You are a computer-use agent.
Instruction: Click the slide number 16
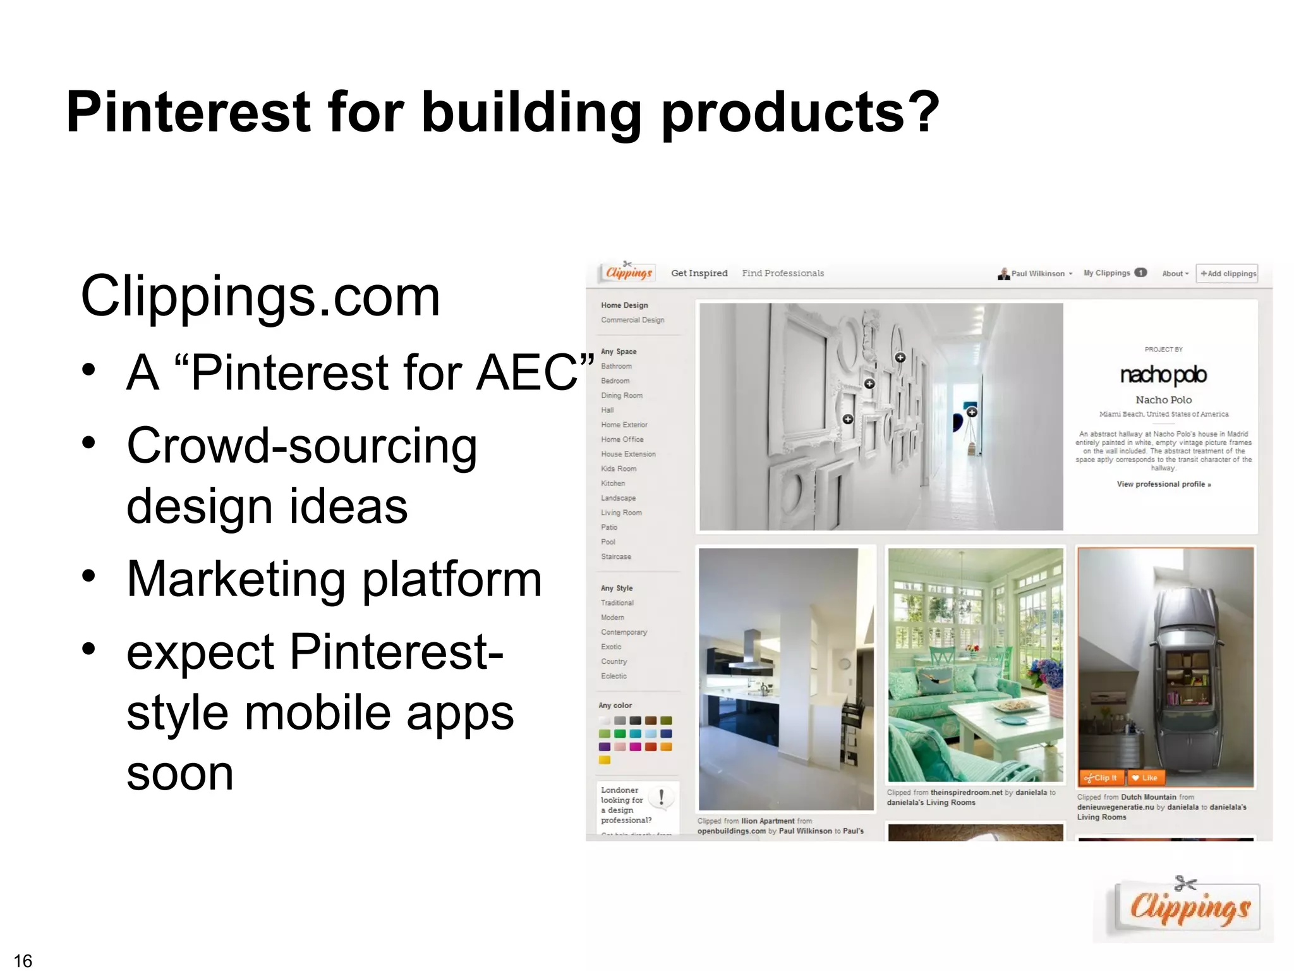(x=23, y=960)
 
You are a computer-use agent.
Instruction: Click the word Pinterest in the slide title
(x=188, y=112)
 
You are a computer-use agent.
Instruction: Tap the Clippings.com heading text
(x=260, y=296)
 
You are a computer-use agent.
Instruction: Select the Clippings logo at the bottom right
(x=1188, y=908)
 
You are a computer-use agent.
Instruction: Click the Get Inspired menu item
(x=699, y=273)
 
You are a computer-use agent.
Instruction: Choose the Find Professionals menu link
(x=782, y=273)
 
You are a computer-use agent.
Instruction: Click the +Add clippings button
(x=1227, y=273)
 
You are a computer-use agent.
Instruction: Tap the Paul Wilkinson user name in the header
(x=1037, y=274)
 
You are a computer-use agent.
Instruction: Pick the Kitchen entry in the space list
(x=613, y=484)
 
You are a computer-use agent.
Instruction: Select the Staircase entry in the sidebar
(x=616, y=557)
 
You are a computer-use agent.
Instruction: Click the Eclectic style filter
(x=614, y=676)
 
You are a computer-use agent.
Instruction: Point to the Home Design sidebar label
(x=624, y=305)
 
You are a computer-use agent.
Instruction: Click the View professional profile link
(x=1163, y=484)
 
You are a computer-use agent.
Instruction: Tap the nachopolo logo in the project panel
(x=1163, y=375)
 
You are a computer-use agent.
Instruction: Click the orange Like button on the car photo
(x=1145, y=778)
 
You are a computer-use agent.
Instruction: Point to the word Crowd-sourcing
(x=301, y=446)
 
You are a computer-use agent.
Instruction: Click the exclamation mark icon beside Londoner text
(x=662, y=797)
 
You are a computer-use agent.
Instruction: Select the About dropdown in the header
(x=1175, y=274)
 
